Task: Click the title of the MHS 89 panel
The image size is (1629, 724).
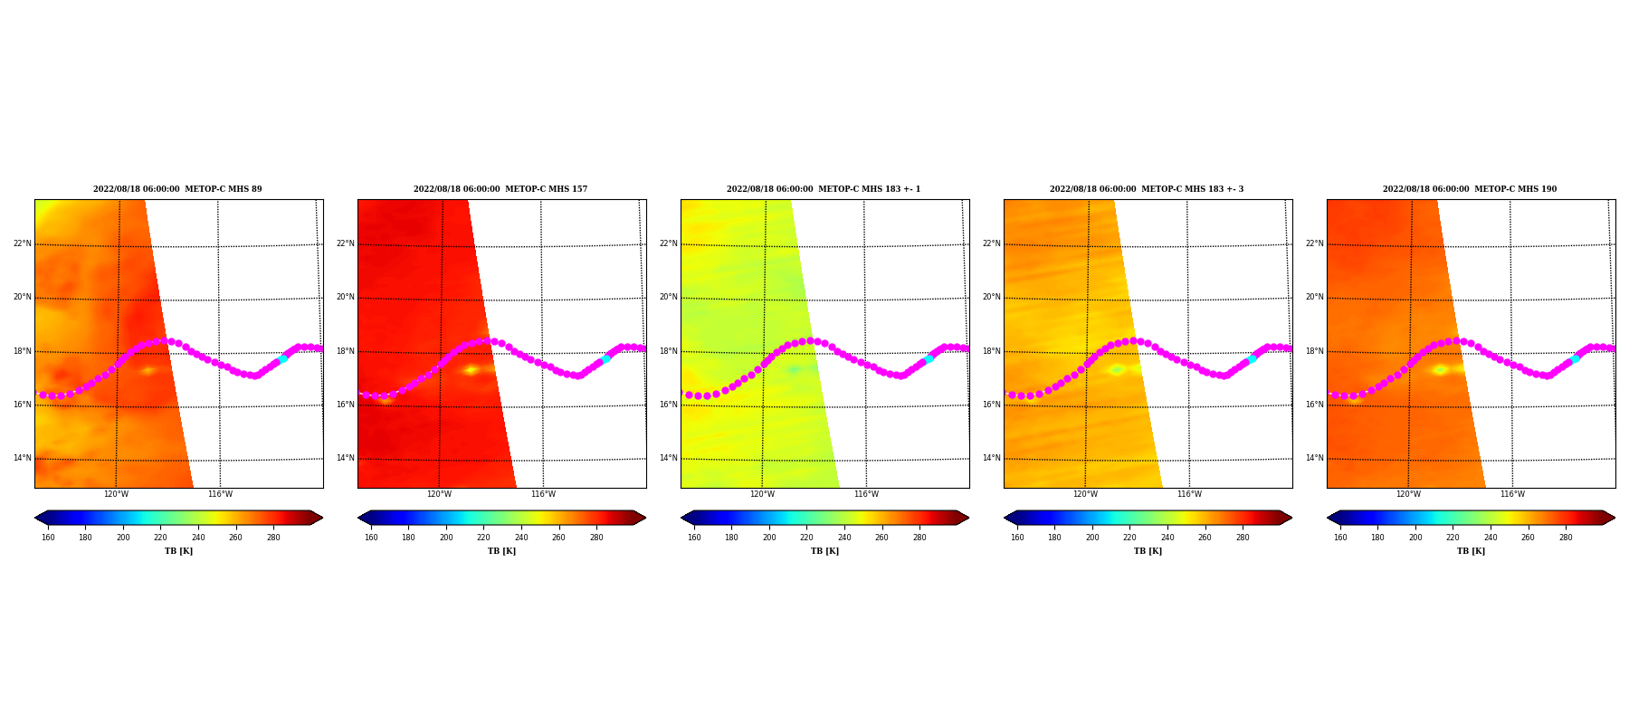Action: [x=177, y=189]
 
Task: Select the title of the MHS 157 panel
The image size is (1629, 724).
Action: [x=500, y=189]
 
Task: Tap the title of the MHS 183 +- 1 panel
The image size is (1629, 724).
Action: [x=824, y=189]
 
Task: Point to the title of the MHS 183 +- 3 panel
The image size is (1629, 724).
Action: [x=1147, y=189]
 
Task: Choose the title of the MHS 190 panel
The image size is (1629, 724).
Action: [x=1470, y=189]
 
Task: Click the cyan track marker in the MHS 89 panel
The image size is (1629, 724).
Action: [x=282, y=359]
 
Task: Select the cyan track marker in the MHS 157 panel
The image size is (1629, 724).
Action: [x=605, y=359]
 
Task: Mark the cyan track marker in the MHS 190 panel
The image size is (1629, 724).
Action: [x=1575, y=359]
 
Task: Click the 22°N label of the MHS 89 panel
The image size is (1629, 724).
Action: [x=23, y=243]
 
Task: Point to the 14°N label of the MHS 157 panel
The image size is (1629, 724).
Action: [x=346, y=458]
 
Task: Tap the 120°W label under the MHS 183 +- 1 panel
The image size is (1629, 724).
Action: [x=762, y=494]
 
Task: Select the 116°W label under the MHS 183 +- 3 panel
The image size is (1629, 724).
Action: [x=1189, y=494]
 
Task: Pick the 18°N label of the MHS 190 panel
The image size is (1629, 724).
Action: [x=1315, y=351]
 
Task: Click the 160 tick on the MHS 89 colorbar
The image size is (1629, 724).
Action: [x=48, y=538]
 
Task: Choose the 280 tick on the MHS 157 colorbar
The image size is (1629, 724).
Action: [x=596, y=538]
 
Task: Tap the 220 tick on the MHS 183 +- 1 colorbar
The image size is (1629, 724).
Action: [x=806, y=538]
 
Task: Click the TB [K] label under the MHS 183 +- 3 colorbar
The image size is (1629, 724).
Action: [x=1148, y=551]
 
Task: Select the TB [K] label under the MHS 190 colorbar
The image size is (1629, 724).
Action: [x=1471, y=551]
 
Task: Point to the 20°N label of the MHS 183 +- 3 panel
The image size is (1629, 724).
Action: [x=992, y=297]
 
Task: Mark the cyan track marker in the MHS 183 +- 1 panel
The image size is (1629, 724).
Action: [x=929, y=359]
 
